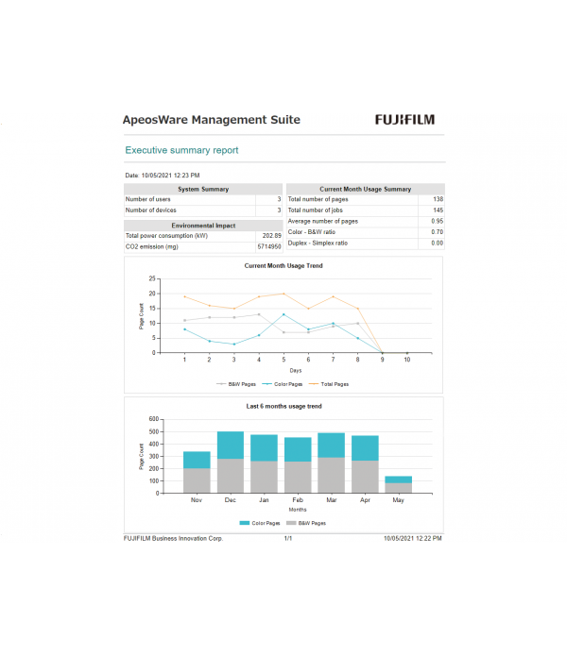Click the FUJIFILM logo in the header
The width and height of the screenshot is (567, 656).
click(x=404, y=120)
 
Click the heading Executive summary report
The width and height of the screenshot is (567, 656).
click(x=181, y=150)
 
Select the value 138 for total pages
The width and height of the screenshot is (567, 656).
click(x=438, y=199)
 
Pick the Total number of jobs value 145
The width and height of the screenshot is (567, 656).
click(x=438, y=210)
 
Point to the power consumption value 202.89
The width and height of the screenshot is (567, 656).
click(x=271, y=236)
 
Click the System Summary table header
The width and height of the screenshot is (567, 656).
click(x=203, y=189)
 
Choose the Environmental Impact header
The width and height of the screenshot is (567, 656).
click(x=203, y=226)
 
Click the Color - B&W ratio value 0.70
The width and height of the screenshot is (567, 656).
click(x=438, y=231)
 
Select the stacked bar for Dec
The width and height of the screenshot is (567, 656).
click(x=231, y=462)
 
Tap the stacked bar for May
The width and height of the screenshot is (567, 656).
click(x=398, y=484)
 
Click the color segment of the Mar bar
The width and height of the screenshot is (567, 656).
click(x=331, y=445)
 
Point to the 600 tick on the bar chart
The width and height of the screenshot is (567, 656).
click(x=154, y=419)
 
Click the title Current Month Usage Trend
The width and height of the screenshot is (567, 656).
click(x=283, y=266)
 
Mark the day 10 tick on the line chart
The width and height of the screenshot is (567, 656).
click(x=407, y=360)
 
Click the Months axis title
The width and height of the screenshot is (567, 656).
click(x=297, y=510)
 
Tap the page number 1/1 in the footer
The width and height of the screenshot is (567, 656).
click(x=287, y=537)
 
